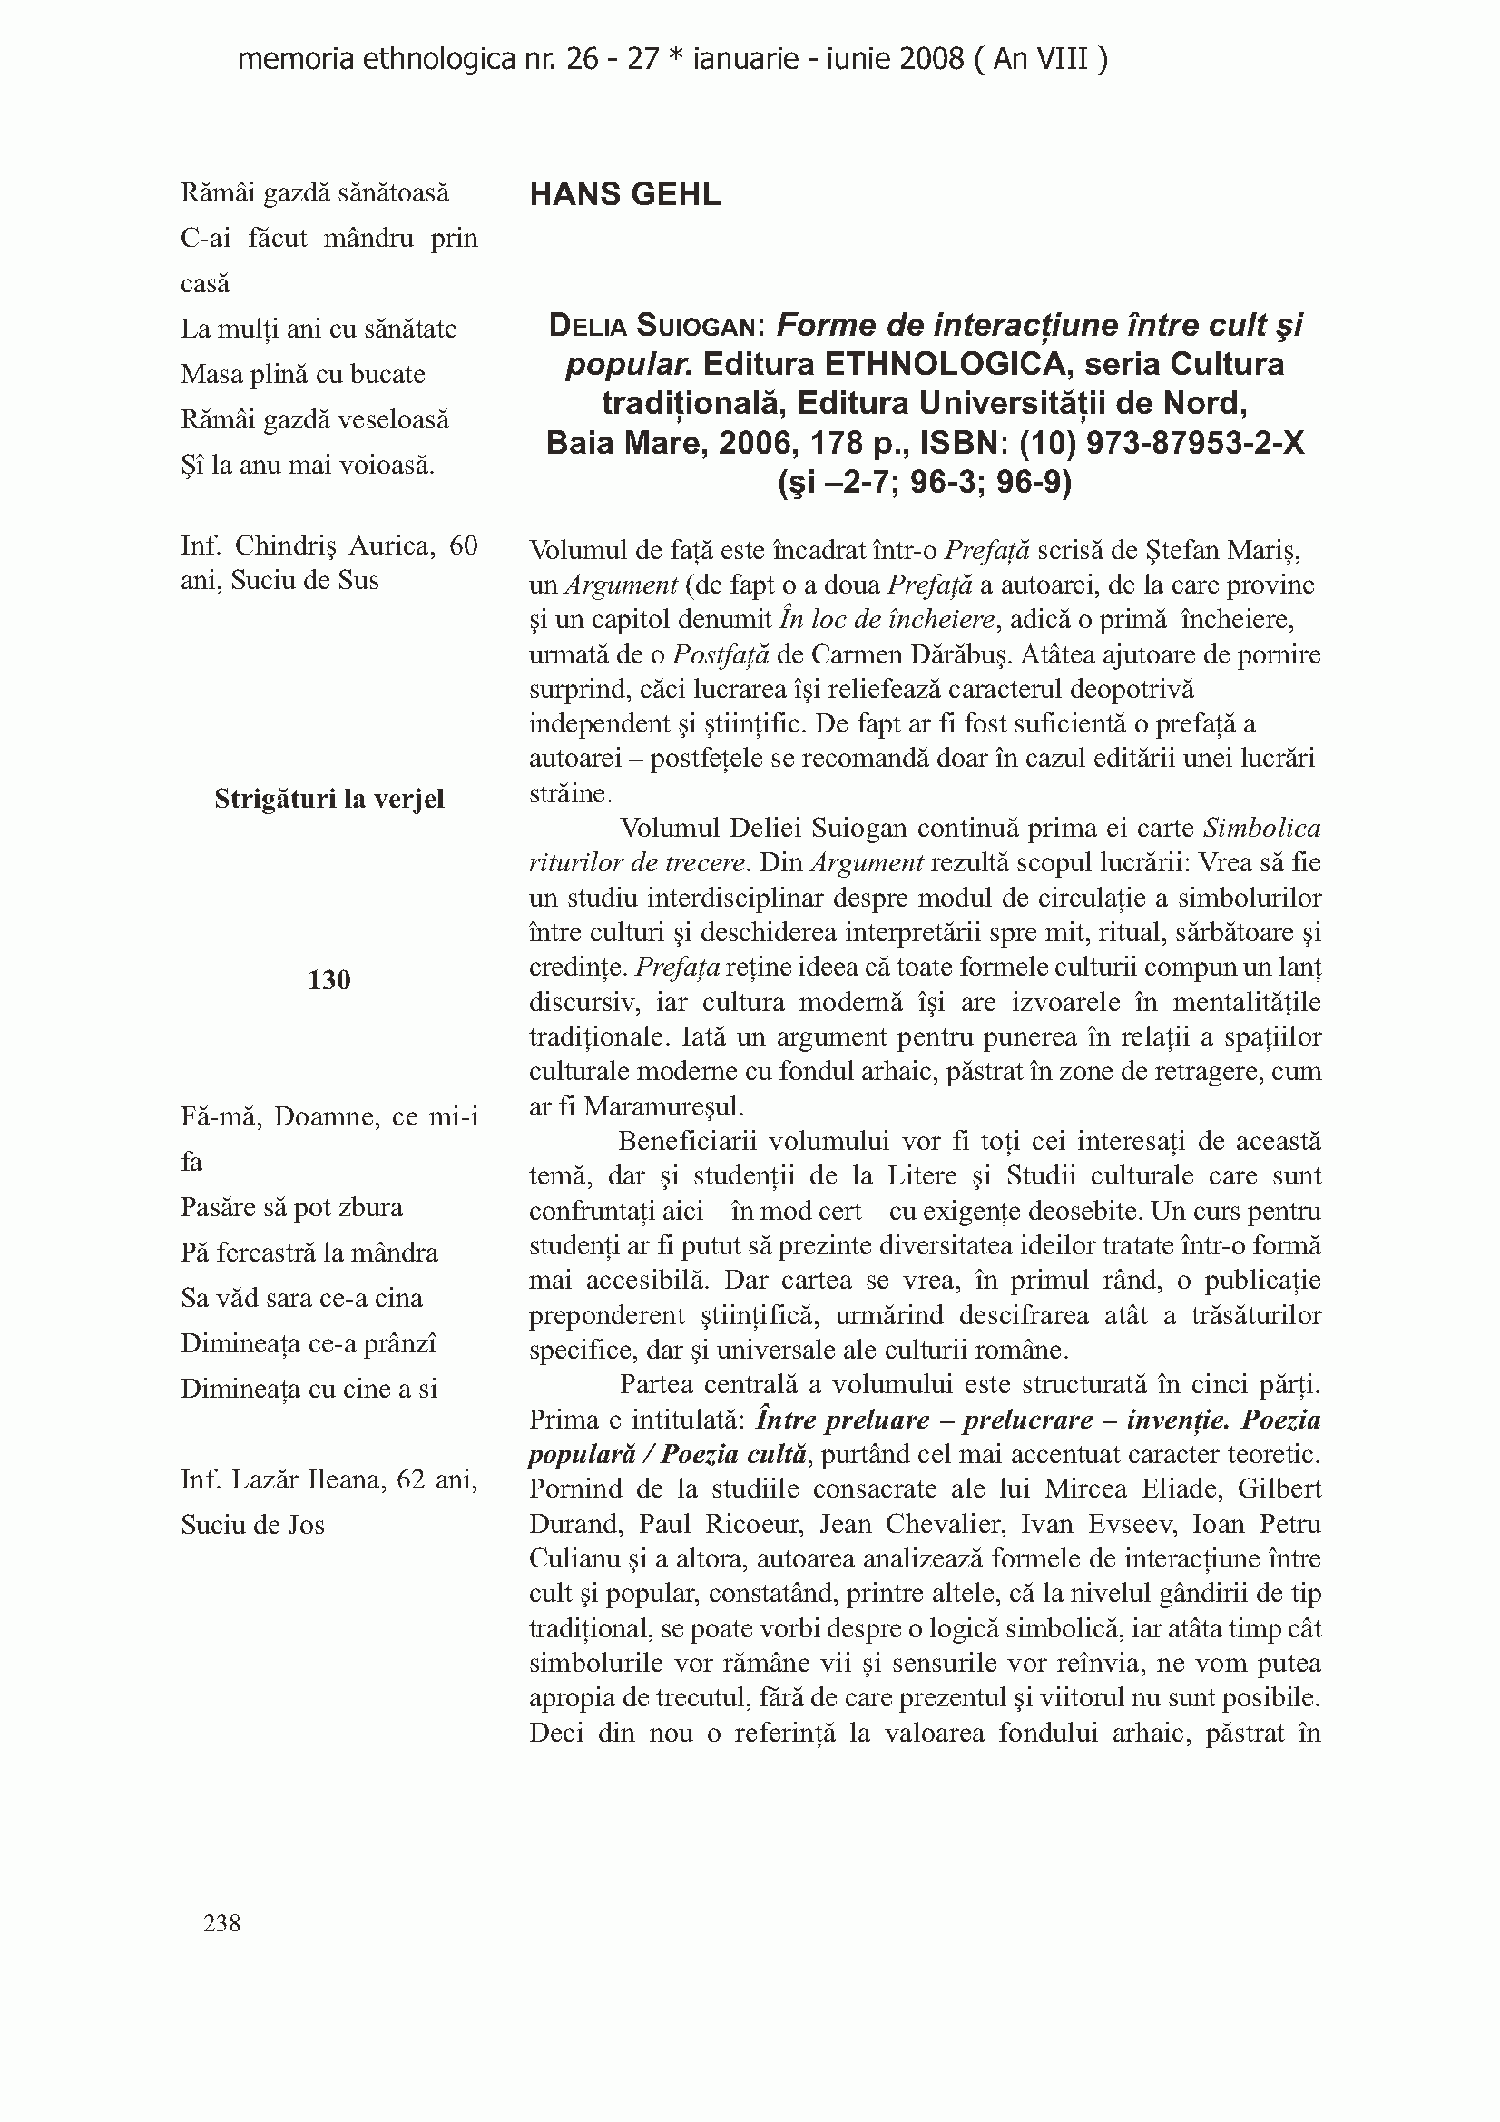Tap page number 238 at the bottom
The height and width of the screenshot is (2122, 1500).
(x=221, y=1922)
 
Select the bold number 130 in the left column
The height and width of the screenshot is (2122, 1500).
(x=329, y=979)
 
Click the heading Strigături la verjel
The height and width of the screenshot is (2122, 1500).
(x=329, y=799)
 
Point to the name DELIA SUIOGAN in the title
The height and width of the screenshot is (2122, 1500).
(x=655, y=325)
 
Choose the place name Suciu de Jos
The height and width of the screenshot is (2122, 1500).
(x=252, y=1525)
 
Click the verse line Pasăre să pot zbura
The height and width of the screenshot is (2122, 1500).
(x=291, y=1207)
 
